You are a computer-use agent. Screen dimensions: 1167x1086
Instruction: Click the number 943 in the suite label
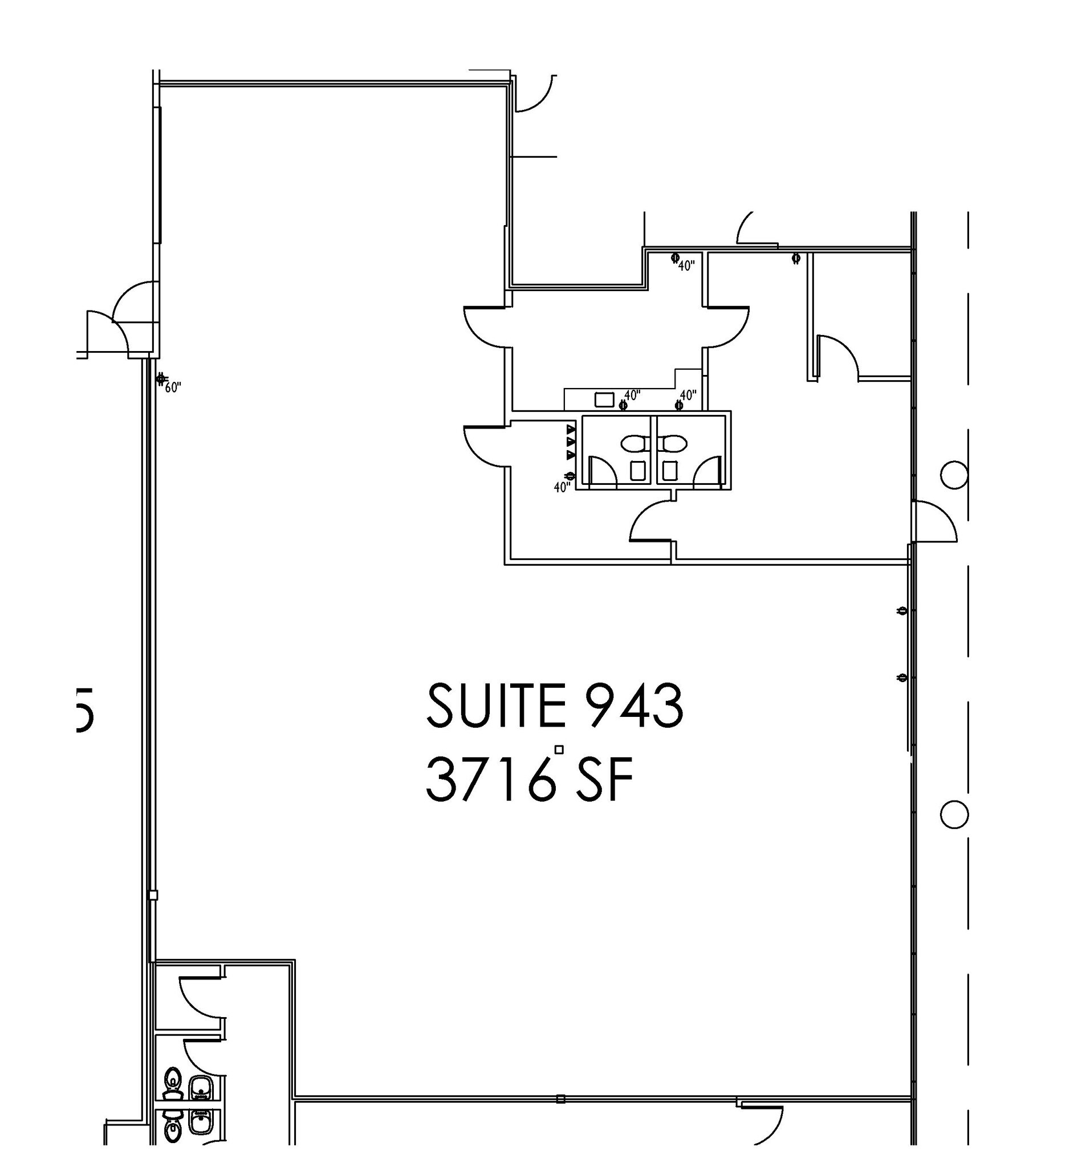pos(624,706)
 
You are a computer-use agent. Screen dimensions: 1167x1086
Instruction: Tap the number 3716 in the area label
pos(489,780)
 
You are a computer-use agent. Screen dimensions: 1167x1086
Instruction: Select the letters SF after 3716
pos(604,780)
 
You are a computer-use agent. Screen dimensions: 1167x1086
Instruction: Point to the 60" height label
pos(173,387)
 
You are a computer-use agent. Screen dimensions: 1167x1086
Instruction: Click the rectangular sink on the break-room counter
pos(604,400)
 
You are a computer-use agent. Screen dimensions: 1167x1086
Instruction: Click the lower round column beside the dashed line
pos(953,814)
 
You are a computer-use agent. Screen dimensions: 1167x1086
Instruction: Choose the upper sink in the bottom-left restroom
pos(201,1087)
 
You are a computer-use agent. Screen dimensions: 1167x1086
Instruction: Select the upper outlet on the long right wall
pos(903,611)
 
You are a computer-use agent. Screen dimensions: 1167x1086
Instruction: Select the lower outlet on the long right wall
pos(903,678)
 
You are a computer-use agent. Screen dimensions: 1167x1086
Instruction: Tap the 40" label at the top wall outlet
pos(686,266)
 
